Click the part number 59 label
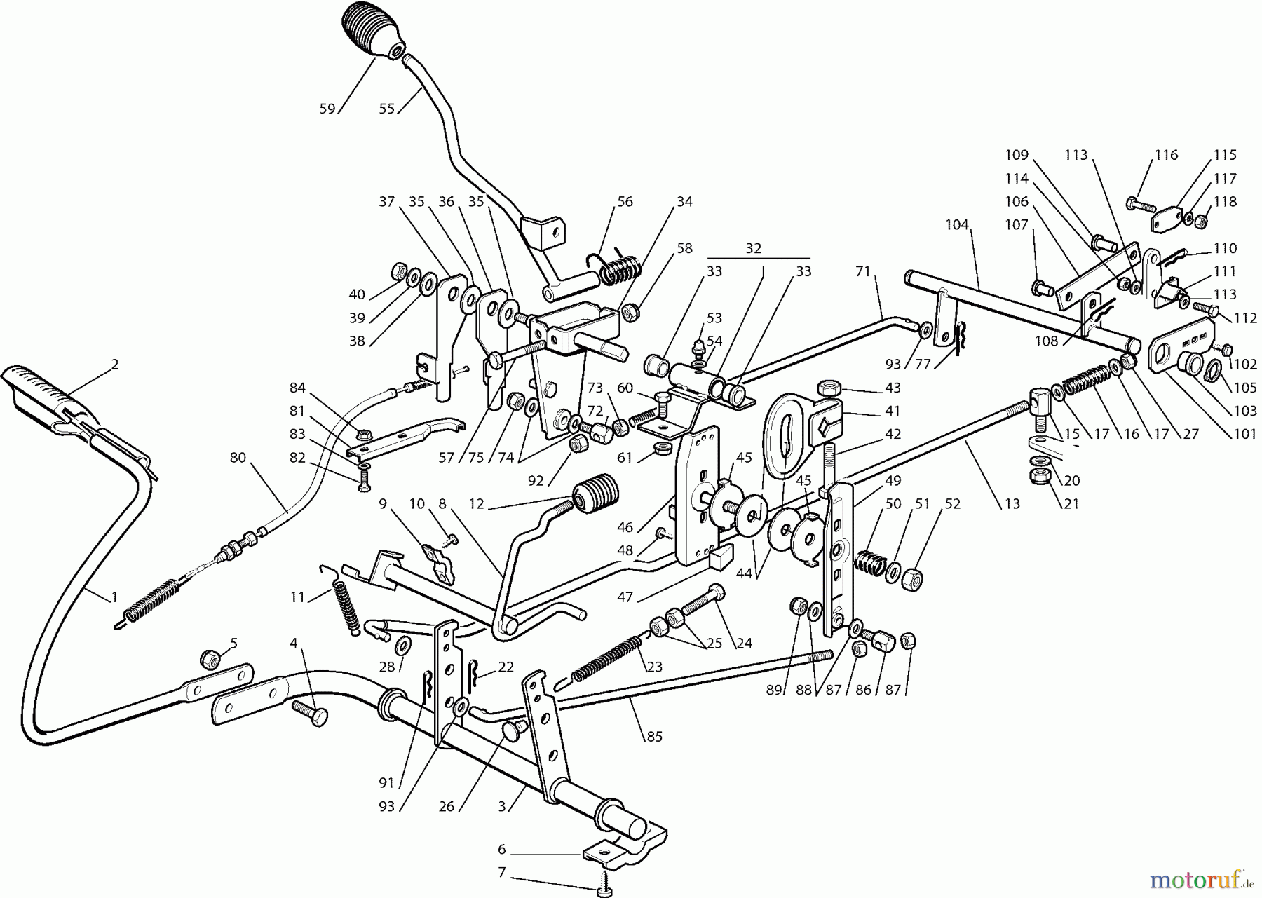click(327, 109)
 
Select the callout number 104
click(957, 225)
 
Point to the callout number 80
click(238, 458)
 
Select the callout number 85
click(654, 737)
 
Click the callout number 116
click(1166, 155)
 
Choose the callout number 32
click(753, 248)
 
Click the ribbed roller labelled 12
click(597, 496)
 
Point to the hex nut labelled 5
click(210, 658)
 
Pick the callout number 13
click(1012, 504)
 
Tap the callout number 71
click(862, 271)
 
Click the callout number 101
click(1244, 434)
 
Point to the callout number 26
click(447, 807)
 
